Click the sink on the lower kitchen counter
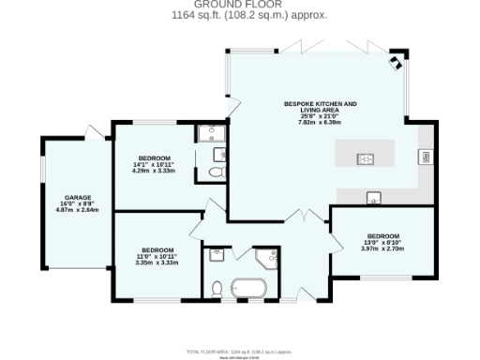click(373, 197)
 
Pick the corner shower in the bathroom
click(267, 256)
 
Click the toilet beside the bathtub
click(217, 288)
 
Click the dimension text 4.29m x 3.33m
click(154, 172)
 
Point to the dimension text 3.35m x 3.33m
click(156, 263)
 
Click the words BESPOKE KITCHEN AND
click(321, 103)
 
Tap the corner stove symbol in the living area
click(397, 62)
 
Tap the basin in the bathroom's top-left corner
click(216, 251)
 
